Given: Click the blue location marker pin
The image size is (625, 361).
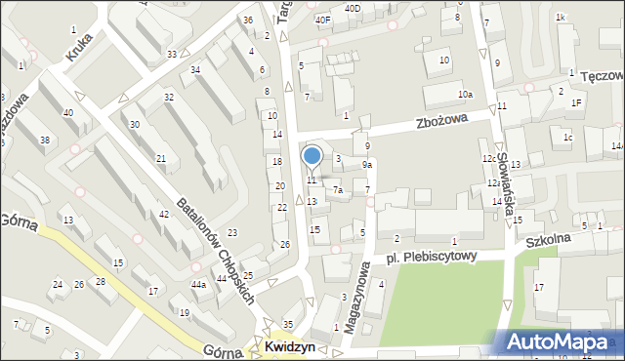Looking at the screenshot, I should point(312,157).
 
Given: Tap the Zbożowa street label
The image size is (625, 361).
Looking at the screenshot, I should point(440,121).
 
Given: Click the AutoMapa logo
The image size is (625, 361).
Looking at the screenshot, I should point(564,341).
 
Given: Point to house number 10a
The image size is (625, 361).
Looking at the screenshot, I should point(466,94).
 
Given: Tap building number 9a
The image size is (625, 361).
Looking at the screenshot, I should point(366,165).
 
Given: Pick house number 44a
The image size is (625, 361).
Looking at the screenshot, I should point(198,284).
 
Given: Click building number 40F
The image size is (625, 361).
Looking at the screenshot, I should point(322,20).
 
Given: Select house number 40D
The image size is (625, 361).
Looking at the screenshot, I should point(352,9).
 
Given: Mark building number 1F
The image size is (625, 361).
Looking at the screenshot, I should point(576,102).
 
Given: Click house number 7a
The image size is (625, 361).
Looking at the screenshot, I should point(337,189).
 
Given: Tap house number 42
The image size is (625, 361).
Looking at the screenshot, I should point(163,214).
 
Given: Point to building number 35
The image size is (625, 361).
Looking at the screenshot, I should point(287,324).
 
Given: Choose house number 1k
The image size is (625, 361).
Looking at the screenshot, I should point(560,18).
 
